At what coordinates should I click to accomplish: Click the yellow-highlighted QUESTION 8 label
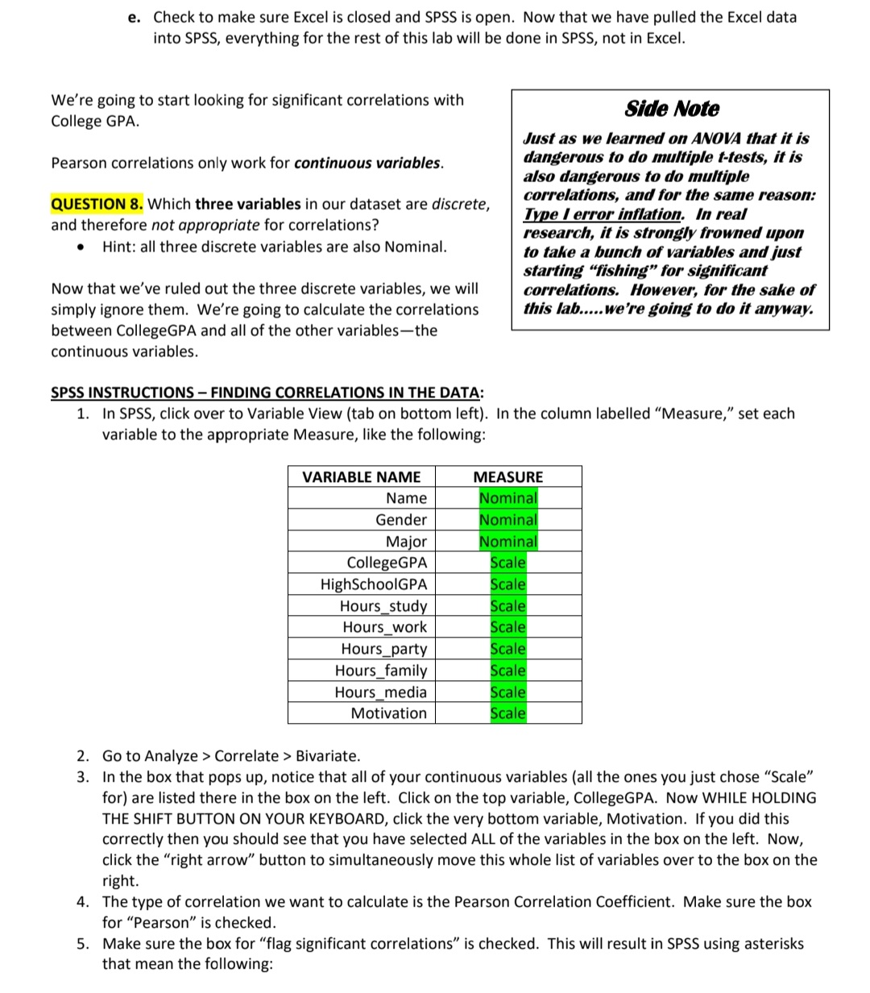(97, 204)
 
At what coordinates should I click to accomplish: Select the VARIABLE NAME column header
(361, 477)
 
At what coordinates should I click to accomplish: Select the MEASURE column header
(507, 477)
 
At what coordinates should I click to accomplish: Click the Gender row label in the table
(401, 520)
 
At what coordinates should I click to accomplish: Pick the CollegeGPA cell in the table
(387, 563)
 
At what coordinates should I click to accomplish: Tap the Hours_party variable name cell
(384, 649)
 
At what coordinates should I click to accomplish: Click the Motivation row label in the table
(388, 713)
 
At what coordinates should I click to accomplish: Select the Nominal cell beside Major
(507, 542)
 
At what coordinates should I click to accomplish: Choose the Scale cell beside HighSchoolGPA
(507, 584)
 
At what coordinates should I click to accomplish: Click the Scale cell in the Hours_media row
(507, 692)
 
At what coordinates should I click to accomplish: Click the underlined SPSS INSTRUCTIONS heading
(267, 393)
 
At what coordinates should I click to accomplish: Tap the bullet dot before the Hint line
(81, 247)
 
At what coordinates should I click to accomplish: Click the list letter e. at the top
(135, 17)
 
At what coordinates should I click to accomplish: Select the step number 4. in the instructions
(84, 902)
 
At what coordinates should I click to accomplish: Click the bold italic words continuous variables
(367, 163)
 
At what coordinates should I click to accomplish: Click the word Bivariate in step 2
(328, 756)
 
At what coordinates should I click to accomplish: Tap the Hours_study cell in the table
(383, 606)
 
